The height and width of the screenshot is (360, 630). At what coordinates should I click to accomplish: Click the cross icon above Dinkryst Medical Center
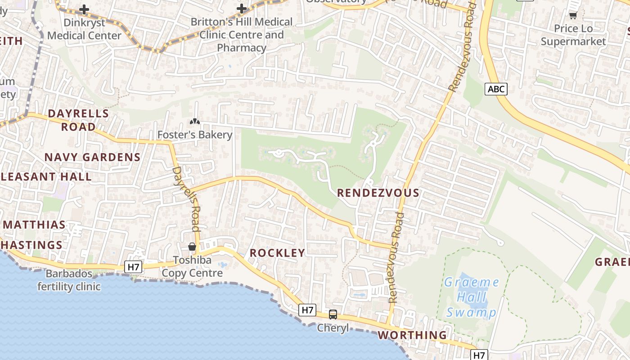pos(84,9)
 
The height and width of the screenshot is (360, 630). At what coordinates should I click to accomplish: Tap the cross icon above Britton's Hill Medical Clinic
pos(242,9)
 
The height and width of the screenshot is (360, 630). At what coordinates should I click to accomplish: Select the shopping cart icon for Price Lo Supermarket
pos(573,16)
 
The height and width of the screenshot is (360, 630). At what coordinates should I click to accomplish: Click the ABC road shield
pos(496,89)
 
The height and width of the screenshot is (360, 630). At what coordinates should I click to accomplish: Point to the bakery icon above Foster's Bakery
pos(194,121)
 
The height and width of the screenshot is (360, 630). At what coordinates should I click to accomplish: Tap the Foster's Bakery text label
pos(194,135)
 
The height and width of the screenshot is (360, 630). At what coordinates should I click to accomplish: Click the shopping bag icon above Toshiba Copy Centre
pos(192,247)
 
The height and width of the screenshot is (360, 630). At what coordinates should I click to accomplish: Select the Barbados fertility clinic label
pos(69,280)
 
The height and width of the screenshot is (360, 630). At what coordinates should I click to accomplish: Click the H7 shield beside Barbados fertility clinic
pos(133,267)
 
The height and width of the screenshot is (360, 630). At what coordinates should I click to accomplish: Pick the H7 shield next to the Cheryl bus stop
pos(307,310)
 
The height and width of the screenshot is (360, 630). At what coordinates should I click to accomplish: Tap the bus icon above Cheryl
pos(333,315)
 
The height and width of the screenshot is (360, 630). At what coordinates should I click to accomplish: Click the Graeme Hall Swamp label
pos(471,297)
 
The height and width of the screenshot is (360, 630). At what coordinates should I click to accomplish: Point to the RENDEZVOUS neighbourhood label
pos(378,193)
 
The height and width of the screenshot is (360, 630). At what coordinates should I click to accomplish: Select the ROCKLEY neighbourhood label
pos(277,253)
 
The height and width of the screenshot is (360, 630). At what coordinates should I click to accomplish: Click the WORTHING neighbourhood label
pos(412,335)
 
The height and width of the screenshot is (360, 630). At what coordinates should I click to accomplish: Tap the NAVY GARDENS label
pos(92,157)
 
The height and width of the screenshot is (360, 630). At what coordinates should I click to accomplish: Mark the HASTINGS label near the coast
pos(31,245)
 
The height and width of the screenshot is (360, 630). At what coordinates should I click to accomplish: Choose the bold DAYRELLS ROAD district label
pos(78,120)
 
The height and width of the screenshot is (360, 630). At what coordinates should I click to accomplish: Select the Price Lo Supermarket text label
pos(573,35)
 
